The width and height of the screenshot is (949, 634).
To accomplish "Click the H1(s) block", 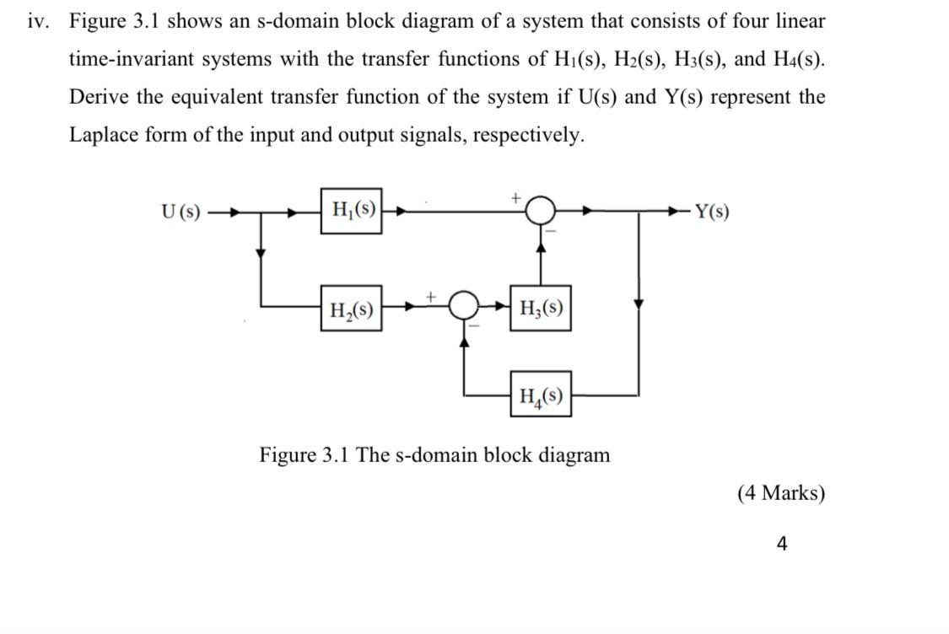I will (x=351, y=211).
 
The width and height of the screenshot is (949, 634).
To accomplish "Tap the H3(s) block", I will (x=540, y=309).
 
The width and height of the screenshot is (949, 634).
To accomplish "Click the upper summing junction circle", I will (x=542, y=210).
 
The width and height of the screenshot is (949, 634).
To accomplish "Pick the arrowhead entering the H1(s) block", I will (x=314, y=212).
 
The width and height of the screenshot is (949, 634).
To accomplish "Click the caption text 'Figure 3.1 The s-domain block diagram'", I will (x=434, y=455).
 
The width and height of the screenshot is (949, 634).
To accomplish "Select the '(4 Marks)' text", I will (x=780, y=493).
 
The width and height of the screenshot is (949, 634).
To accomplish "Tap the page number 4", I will (x=781, y=544).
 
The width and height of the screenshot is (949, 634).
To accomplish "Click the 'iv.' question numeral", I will (x=37, y=21).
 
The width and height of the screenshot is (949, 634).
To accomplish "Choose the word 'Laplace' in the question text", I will (x=105, y=134).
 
